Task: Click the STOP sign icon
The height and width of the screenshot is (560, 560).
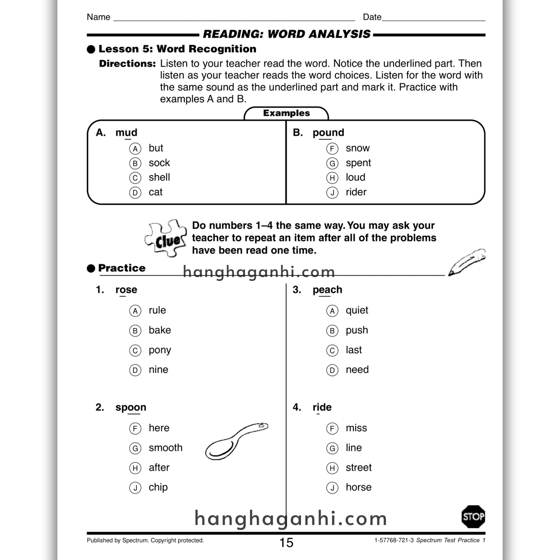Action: click(x=473, y=516)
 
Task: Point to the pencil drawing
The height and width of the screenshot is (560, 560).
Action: click(x=466, y=262)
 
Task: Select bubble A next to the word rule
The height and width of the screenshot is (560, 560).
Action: click(x=135, y=311)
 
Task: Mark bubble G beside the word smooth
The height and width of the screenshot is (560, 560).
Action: click(x=135, y=448)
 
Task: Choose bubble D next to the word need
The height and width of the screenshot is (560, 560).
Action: click(x=332, y=370)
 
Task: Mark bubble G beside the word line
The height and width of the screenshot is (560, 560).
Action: click(x=332, y=448)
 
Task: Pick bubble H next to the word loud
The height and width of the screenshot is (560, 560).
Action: click(x=332, y=178)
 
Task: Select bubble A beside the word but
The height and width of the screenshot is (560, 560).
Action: click(x=135, y=149)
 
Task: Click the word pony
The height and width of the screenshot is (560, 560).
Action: click(x=160, y=350)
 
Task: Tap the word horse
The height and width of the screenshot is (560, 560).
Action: click(x=358, y=487)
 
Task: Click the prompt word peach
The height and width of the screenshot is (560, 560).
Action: click(x=327, y=290)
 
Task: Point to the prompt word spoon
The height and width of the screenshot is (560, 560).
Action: click(x=131, y=407)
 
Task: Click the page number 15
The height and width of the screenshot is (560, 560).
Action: click(x=286, y=542)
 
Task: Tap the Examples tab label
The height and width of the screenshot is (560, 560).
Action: click(x=286, y=113)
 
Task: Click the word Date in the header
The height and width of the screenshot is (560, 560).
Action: click(x=372, y=17)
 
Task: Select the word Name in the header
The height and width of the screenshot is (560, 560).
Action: click(x=98, y=17)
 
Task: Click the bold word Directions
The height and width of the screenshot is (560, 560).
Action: click(x=127, y=63)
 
